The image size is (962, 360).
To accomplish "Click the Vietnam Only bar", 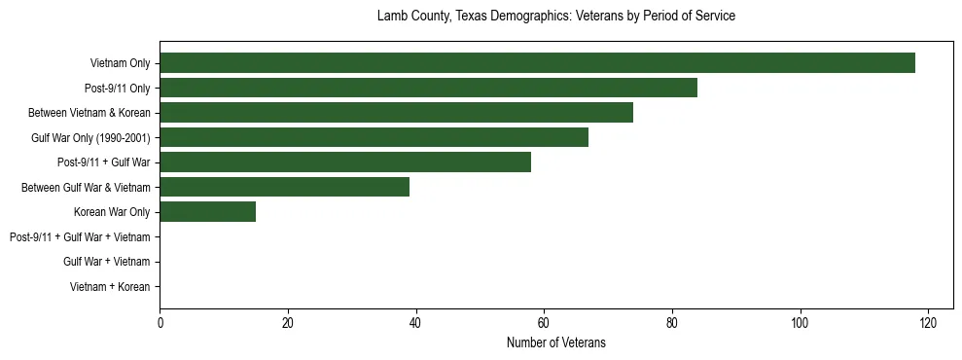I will pyautogui.click(x=537, y=63).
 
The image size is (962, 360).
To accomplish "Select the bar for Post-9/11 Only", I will pyautogui.click(x=428, y=88).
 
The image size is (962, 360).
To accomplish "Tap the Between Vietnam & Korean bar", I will pyautogui.click(x=396, y=113).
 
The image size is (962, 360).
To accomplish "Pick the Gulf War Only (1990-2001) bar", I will pyautogui.click(x=374, y=137).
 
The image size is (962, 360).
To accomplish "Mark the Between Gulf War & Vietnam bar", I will pyautogui.click(x=284, y=187).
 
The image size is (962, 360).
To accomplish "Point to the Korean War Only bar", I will pyautogui.click(x=207, y=212).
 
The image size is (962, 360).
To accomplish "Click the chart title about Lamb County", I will pyautogui.click(x=555, y=17).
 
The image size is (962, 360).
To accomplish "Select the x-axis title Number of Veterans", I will pyautogui.click(x=555, y=342).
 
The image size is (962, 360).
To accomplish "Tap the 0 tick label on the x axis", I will pyautogui.click(x=160, y=323).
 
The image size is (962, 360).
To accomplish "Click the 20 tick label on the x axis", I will pyautogui.click(x=288, y=323).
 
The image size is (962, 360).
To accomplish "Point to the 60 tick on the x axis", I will pyautogui.click(x=544, y=323).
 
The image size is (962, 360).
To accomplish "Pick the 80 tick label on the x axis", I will pyautogui.click(x=672, y=323).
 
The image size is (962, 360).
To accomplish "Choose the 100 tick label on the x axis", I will pyautogui.click(x=800, y=323).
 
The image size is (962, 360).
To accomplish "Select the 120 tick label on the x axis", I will pyautogui.click(x=928, y=323).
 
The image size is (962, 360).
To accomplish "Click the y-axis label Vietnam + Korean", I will pyautogui.click(x=109, y=287).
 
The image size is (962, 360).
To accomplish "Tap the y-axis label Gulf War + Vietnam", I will pyautogui.click(x=106, y=262).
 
